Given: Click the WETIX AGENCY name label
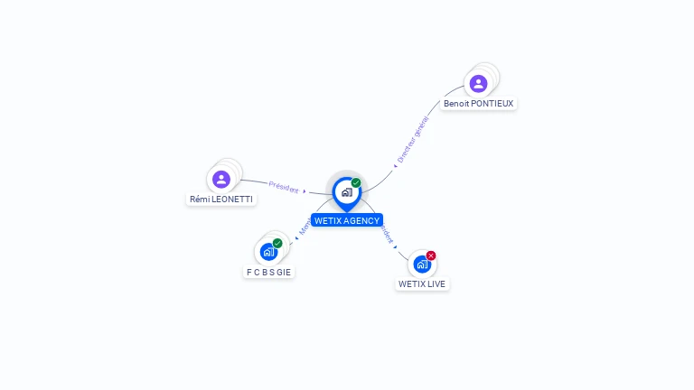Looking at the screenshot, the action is tap(347, 220).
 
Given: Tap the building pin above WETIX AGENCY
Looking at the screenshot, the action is tap(346, 192).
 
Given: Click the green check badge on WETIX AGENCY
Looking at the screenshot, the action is tap(356, 183).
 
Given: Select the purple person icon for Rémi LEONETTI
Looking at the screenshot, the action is tap(221, 179).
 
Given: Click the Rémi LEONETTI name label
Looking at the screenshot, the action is tap(221, 199).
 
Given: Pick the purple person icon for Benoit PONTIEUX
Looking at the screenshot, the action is tap(478, 83).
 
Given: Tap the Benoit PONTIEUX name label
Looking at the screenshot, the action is tap(478, 104).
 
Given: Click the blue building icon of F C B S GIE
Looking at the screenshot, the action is tap(268, 252).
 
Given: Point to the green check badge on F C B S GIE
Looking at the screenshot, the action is tap(277, 243).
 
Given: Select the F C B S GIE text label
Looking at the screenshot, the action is tap(269, 272).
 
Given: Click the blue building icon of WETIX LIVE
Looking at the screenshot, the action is tap(422, 264).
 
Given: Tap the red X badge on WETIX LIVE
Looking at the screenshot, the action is tap(431, 255).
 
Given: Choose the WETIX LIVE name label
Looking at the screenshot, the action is tap(422, 283).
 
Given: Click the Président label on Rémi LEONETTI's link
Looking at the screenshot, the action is tap(283, 188).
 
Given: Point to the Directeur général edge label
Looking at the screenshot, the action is tap(412, 140).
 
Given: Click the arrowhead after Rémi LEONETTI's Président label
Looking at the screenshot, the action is tap(305, 191).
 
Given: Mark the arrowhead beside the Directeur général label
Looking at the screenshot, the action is tap(395, 165).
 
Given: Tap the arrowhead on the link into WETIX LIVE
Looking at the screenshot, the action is tap(396, 246).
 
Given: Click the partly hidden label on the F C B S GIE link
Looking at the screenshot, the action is tap(305, 228).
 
